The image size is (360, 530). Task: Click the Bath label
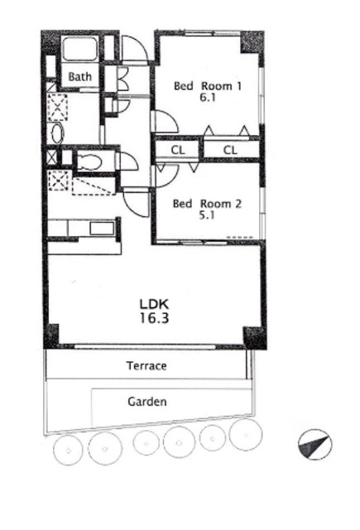[x=79, y=77]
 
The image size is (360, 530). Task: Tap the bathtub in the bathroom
[x=80, y=50]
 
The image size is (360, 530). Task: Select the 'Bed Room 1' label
[x=208, y=86]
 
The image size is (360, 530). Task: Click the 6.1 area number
[x=208, y=98]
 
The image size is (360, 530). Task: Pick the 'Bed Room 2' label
[x=207, y=204]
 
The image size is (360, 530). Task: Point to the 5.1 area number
[x=207, y=215]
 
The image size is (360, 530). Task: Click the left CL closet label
[x=178, y=150]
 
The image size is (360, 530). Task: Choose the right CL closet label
[x=230, y=150]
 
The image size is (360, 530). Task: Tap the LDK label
[x=154, y=304]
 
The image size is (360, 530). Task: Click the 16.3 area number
[x=154, y=318]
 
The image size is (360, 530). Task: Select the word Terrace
[x=146, y=366]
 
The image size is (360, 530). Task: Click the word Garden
[x=147, y=402]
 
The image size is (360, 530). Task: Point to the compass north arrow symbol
[x=314, y=444]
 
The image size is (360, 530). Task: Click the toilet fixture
[x=89, y=162]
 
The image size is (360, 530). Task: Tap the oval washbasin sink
[x=58, y=133]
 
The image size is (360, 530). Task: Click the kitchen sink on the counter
[x=102, y=229]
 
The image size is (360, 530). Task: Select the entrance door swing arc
[x=135, y=49]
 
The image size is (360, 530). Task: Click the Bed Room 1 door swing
[x=166, y=121]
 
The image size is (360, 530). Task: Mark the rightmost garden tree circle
[x=246, y=434]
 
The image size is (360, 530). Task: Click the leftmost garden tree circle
[x=69, y=450]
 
